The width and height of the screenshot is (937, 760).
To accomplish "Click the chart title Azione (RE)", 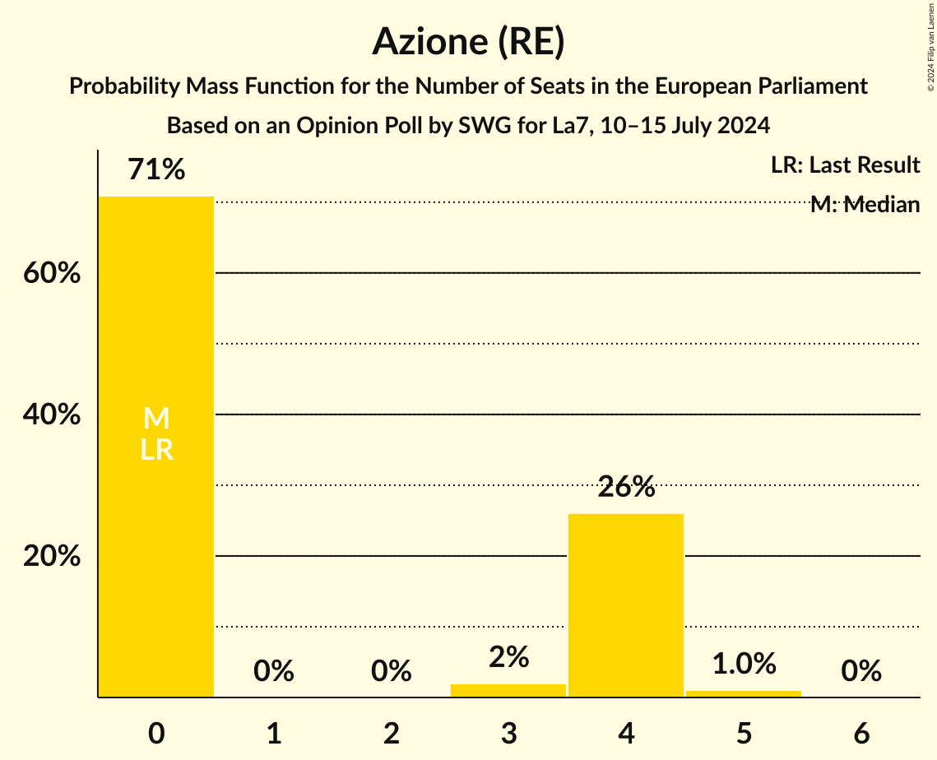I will pos(468,41).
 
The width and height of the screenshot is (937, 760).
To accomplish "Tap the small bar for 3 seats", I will pos(508,691).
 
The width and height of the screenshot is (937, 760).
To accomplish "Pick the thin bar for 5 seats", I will pos(744,693).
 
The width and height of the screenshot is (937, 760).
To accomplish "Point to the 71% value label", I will pos(156,170).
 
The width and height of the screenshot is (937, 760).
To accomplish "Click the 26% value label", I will pos(626,488).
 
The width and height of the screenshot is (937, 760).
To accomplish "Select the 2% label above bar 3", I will pos(508,657).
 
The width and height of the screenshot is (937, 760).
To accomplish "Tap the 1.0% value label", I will pos(744,663).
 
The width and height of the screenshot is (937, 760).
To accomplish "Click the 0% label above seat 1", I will pos(274,671).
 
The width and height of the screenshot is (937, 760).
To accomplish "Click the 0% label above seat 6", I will pos(861,671).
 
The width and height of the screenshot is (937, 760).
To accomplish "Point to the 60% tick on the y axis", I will pos(52,273).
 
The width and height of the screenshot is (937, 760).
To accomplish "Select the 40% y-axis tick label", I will pos(52,415).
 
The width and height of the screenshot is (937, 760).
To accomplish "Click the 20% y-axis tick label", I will pos(52,557).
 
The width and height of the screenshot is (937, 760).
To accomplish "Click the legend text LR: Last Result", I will pos(845,165).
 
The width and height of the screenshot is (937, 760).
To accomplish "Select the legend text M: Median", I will pos(865,205).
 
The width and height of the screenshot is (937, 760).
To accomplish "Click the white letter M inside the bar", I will pos(156,419).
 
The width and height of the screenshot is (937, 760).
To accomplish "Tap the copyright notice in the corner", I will pos(930,45).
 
